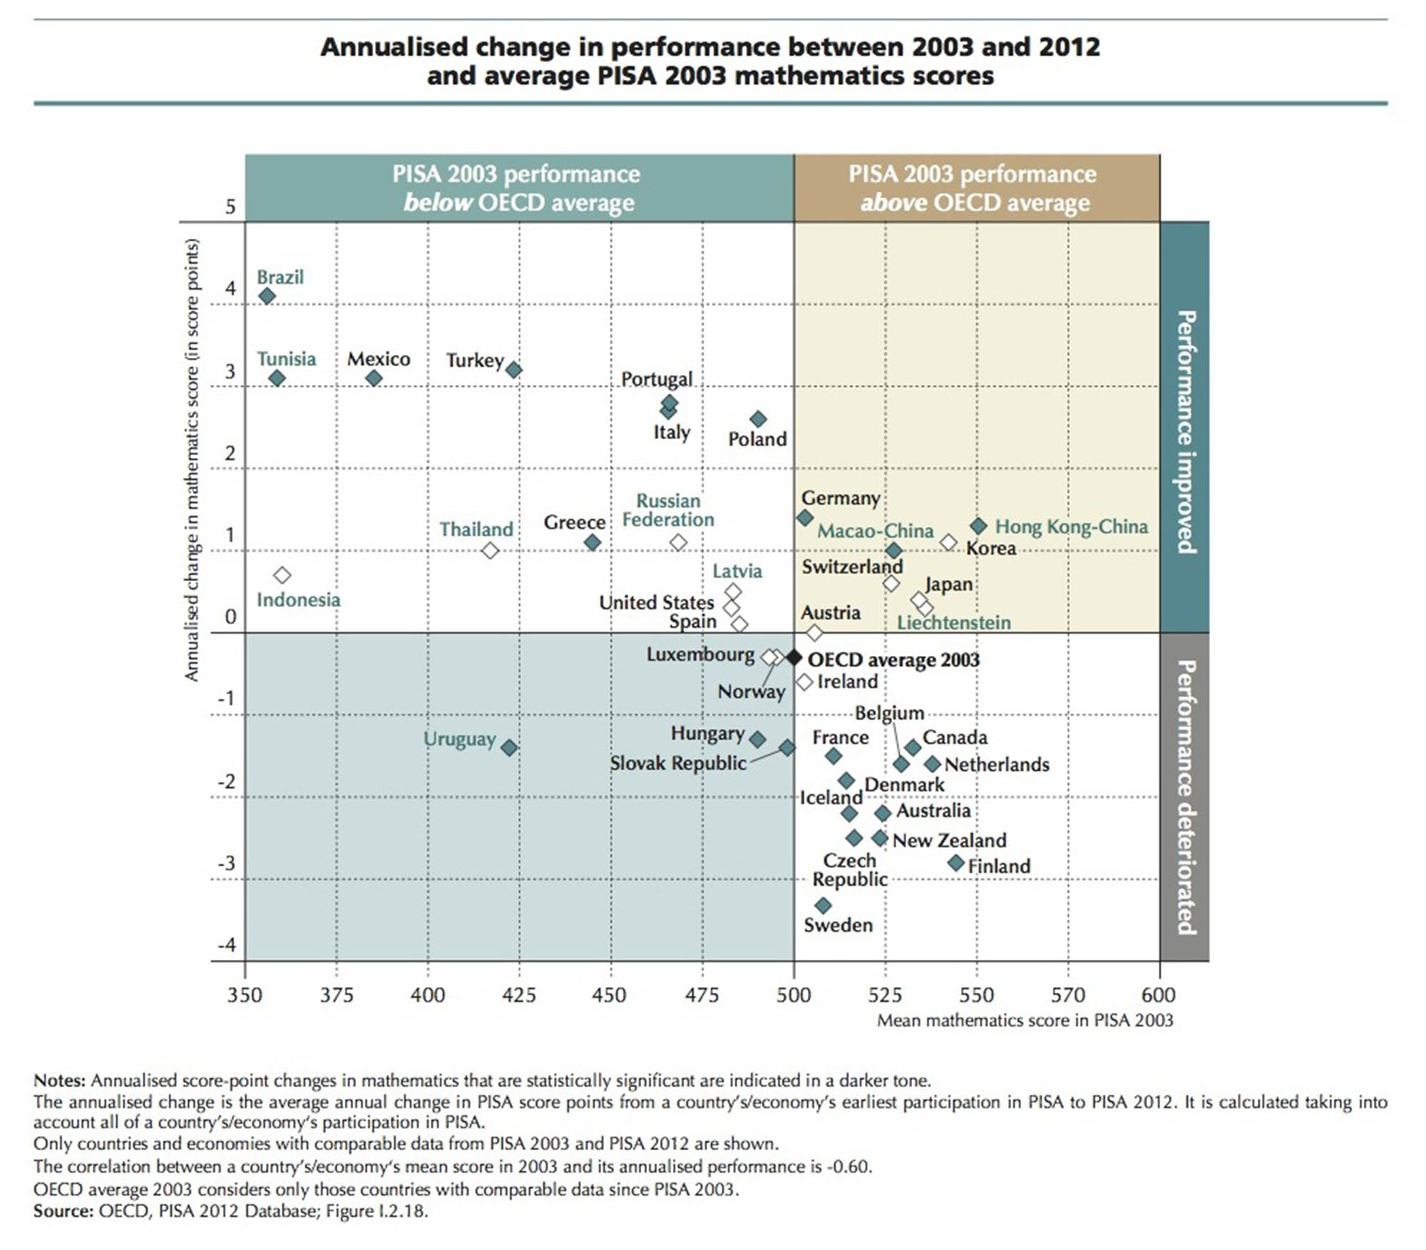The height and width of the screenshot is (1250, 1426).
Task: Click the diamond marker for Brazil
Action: click(x=267, y=296)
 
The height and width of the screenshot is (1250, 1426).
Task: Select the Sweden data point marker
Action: click(x=823, y=906)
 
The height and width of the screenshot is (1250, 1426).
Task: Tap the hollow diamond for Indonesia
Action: click(x=282, y=575)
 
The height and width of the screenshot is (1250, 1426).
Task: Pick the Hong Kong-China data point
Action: click(x=978, y=526)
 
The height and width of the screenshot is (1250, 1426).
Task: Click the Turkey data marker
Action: click(x=513, y=369)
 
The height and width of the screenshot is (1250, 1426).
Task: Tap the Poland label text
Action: click(x=757, y=439)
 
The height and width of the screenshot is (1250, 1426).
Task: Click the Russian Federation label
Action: click(x=668, y=511)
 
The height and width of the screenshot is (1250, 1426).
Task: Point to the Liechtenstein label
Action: click(x=953, y=623)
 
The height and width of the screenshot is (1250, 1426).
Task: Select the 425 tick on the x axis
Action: click(x=518, y=995)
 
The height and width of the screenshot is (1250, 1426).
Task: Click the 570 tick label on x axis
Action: click(x=1067, y=995)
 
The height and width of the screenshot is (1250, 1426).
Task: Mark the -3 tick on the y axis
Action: click(x=226, y=864)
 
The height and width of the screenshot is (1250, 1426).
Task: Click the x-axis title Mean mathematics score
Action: click(x=1024, y=1020)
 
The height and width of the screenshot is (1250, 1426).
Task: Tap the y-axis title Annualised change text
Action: click(x=192, y=460)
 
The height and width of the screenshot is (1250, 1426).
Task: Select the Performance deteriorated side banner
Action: click(x=1184, y=796)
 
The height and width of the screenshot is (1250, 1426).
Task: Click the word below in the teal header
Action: click(x=437, y=203)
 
